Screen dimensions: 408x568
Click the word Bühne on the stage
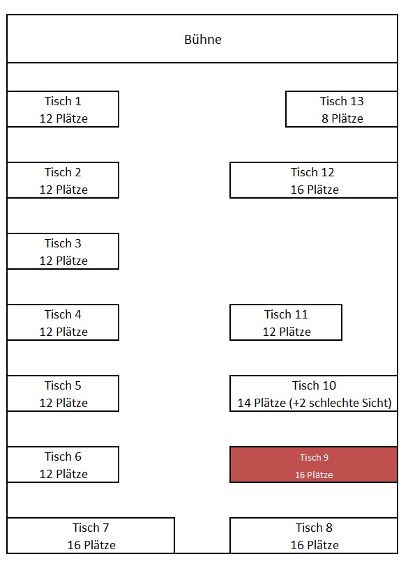click(203, 39)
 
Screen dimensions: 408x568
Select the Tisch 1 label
click(63, 101)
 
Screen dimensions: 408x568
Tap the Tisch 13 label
click(342, 101)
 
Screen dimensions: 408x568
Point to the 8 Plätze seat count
click(342, 118)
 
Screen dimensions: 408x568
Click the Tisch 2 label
click(63, 172)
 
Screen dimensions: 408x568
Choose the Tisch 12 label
click(312, 172)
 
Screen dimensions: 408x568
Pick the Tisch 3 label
click(63, 243)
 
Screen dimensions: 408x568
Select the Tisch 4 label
click(63, 314)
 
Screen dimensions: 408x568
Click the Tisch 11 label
click(286, 314)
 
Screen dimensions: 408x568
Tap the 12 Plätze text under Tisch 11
click(287, 332)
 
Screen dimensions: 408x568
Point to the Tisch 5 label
click(63, 385)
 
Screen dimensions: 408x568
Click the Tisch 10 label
click(314, 385)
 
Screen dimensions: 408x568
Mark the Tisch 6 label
click(63, 456)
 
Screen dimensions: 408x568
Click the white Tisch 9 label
click(314, 457)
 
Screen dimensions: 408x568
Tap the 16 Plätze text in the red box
click(314, 475)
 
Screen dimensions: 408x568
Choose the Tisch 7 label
click(91, 528)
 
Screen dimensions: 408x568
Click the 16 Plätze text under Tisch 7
click(91, 545)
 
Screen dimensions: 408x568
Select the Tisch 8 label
click(314, 528)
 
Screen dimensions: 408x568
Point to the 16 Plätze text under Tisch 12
click(315, 190)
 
